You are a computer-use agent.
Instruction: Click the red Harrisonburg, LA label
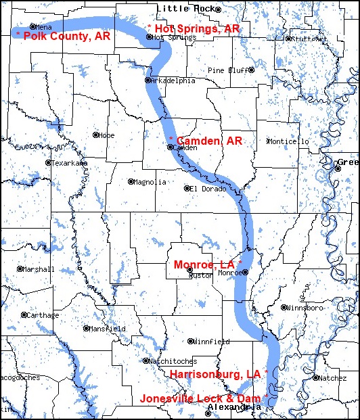point(218,374)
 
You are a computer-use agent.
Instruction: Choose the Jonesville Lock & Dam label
point(204,398)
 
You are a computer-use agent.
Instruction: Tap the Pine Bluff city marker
point(251,70)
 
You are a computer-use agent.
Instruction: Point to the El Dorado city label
point(206,188)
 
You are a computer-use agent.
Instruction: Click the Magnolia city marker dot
point(131,182)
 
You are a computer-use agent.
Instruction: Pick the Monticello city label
point(289,141)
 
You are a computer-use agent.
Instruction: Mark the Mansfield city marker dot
point(86,329)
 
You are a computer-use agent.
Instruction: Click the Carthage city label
point(43,315)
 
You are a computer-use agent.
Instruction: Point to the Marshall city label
point(39,269)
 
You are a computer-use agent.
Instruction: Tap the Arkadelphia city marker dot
point(148,80)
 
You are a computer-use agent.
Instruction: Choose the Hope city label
point(107,135)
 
